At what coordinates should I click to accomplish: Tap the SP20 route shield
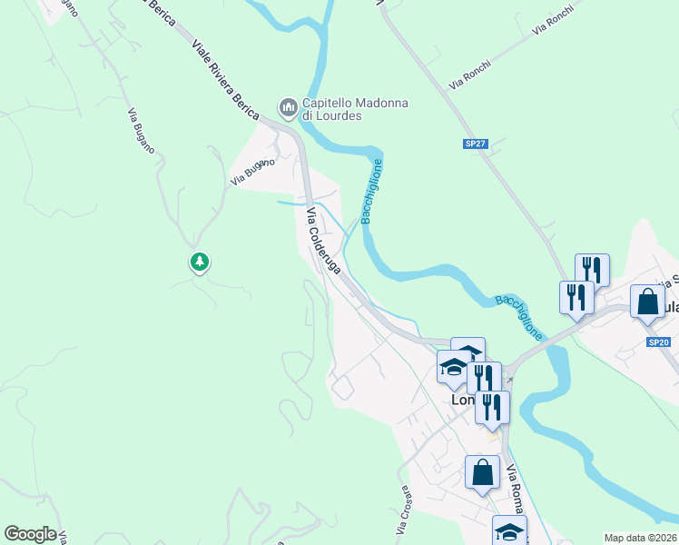tap(659, 342)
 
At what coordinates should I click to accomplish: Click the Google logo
tap(30, 534)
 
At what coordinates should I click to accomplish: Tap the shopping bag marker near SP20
tap(646, 302)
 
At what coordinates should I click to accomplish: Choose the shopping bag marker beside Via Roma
tap(482, 472)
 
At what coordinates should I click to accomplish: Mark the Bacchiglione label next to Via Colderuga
tap(371, 191)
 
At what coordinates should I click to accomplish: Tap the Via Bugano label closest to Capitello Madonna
tap(251, 172)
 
